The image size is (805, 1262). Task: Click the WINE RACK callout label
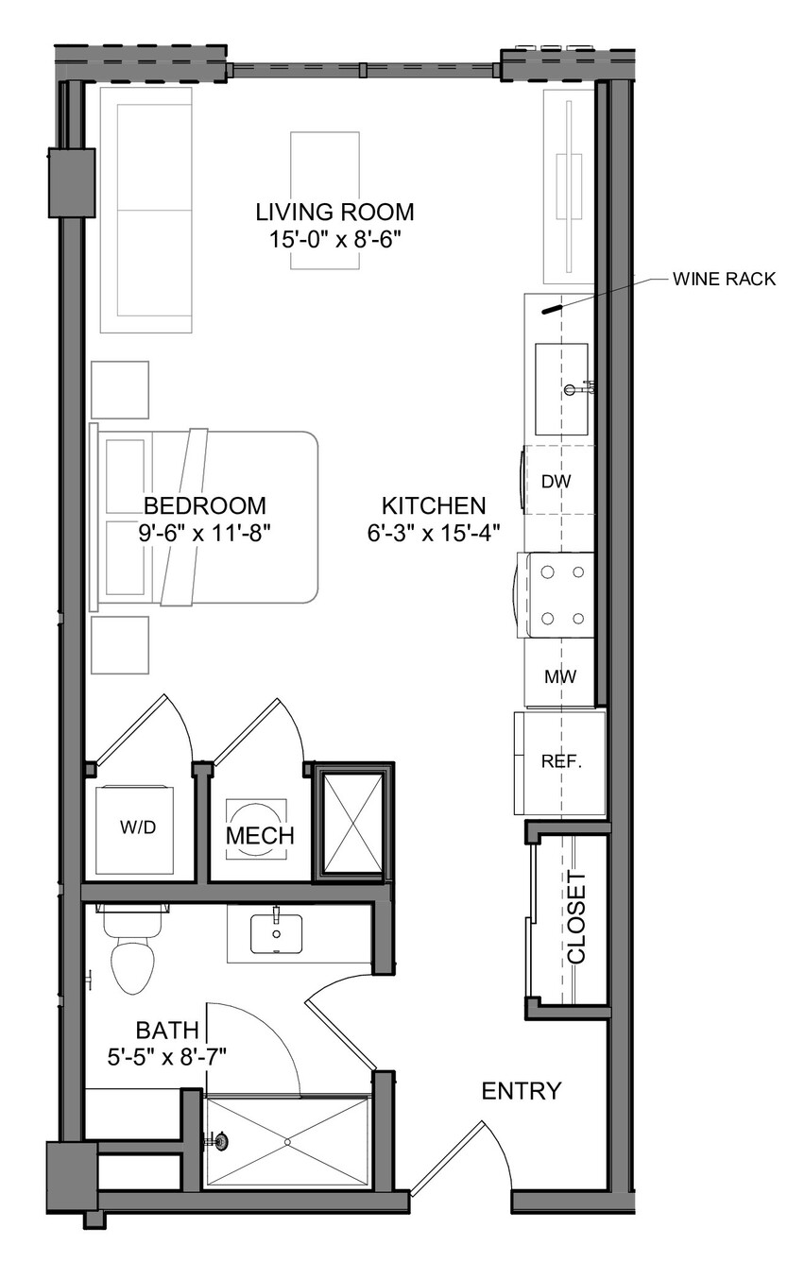point(724,279)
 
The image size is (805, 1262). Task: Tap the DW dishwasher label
point(556,481)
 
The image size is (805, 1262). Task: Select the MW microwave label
point(560,676)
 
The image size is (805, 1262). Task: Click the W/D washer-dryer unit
point(134,828)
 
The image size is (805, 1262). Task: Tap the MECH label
point(260,836)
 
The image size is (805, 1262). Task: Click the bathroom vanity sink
point(276,933)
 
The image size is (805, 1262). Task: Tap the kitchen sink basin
point(561,389)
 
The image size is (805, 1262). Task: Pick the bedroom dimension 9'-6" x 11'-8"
point(205,533)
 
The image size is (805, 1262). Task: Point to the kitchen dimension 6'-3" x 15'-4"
point(434,533)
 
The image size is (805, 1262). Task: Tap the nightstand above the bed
point(120,390)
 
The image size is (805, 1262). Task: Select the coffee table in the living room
point(325,200)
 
